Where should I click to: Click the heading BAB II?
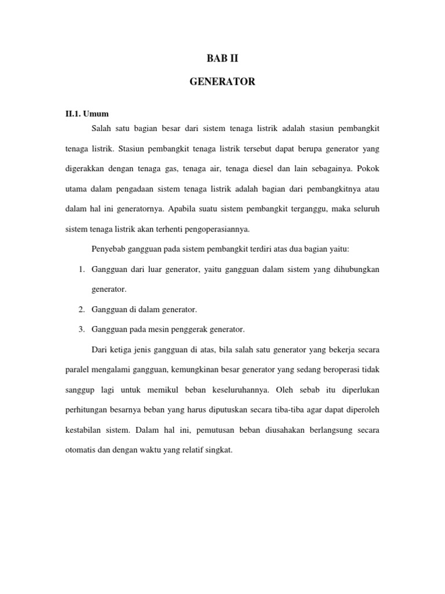(222, 58)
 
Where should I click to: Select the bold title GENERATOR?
(222, 82)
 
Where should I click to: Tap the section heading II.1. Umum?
(87, 114)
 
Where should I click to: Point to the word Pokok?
(367, 169)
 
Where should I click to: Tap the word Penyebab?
(108, 249)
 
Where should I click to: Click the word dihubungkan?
(358, 269)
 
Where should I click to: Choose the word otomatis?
(81, 450)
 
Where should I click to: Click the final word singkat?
(218, 450)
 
